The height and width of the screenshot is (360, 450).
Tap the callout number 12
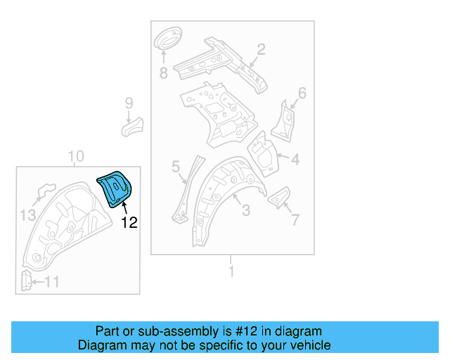129,223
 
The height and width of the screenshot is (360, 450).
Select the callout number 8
163,72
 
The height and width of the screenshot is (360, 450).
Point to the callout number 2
260,49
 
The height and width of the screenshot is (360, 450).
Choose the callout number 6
302,93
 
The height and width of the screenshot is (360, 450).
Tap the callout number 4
295,160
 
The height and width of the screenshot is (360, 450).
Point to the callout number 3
245,210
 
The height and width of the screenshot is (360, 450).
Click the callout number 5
176,167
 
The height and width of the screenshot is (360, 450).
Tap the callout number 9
129,103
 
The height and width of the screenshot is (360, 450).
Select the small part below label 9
131,127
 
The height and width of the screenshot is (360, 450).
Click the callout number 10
76,156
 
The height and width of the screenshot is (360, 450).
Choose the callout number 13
27,215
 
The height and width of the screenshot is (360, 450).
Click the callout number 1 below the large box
231,271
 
